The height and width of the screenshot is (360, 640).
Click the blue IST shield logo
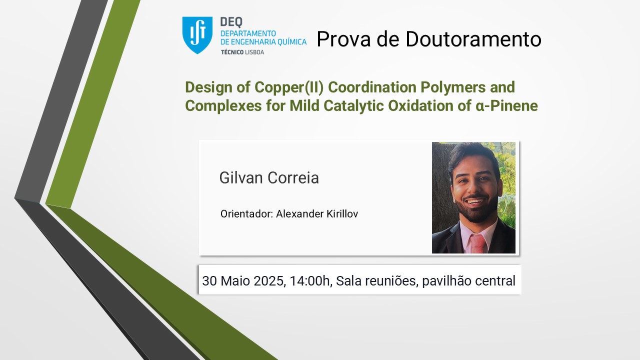tap(197, 35)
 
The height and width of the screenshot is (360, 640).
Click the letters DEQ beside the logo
tap(231, 22)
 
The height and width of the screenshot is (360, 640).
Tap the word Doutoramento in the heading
tap(473, 39)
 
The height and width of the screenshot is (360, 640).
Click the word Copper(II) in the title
tap(289, 87)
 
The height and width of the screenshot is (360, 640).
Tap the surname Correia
tap(293, 177)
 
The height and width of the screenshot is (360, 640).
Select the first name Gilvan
tap(241, 177)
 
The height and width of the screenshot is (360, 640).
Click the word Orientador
tap(247, 213)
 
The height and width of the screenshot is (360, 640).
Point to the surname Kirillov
tap(342, 213)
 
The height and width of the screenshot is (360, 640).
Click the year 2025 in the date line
tap(269, 281)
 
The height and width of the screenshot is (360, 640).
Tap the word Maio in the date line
tap(235, 281)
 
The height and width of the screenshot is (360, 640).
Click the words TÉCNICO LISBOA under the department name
tap(242, 52)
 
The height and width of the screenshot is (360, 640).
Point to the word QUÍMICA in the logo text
tap(292, 41)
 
